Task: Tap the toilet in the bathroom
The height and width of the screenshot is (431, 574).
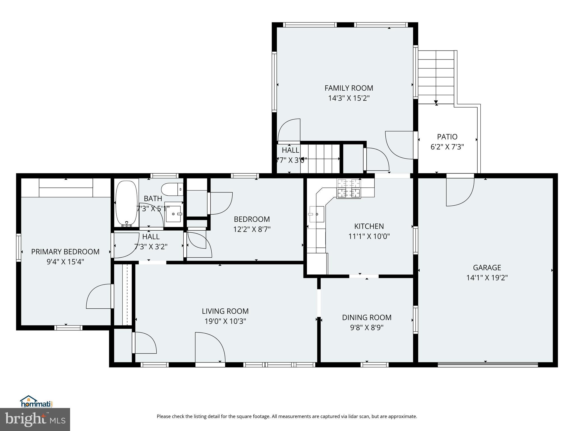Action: point(173,189)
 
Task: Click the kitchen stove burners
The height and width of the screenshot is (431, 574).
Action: point(349,189)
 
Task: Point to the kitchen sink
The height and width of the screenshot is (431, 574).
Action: point(317,214)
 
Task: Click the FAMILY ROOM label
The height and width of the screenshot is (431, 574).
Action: point(349,88)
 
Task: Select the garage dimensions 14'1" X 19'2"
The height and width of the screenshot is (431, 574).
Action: point(487,278)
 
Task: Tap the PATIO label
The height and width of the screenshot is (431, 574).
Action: point(447,137)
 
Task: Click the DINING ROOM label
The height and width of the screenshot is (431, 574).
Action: point(367,317)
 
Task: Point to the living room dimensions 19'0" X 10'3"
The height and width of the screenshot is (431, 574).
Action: point(225,321)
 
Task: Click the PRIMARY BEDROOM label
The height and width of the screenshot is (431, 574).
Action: point(65,252)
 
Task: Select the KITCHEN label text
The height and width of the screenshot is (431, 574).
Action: point(369,226)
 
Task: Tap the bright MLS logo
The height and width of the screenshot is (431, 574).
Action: point(35,419)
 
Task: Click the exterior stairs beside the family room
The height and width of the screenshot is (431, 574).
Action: point(436,77)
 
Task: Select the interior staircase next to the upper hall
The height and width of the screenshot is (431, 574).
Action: point(320,159)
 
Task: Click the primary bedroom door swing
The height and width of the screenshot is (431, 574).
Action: point(99,296)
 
